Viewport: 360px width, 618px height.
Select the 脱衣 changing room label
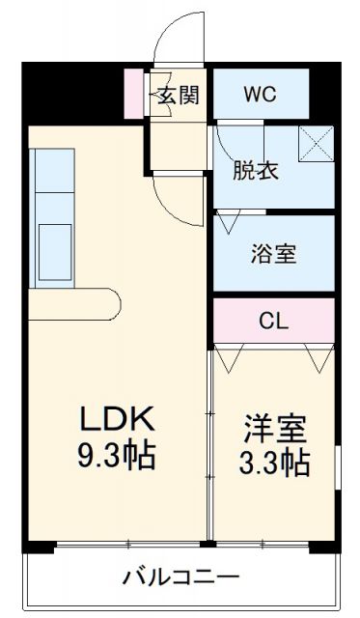[x=256, y=171]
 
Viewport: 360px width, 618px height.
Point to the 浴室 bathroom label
[x=274, y=254]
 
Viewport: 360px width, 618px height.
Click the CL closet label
[x=274, y=321]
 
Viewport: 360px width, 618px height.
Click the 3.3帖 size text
[x=274, y=463]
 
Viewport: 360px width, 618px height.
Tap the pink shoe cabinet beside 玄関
[x=134, y=92]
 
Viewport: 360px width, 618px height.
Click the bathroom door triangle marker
[x=229, y=221]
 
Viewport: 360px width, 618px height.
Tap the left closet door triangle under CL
[x=230, y=359]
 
